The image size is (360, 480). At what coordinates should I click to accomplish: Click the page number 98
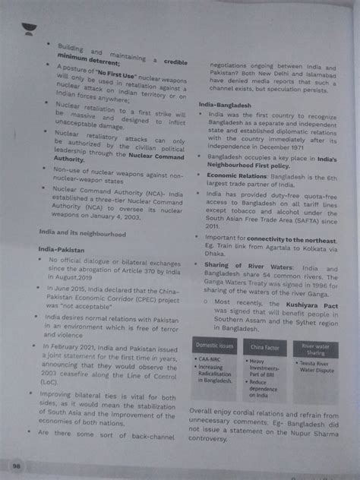[x=16, y=463]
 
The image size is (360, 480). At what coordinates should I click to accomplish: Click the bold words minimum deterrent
[x=87, y=57]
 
